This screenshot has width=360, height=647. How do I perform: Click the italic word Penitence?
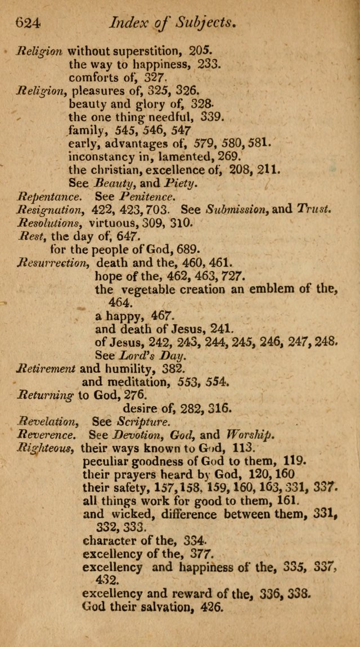[145, 197]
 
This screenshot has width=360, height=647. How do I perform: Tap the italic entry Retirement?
[46, 369]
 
